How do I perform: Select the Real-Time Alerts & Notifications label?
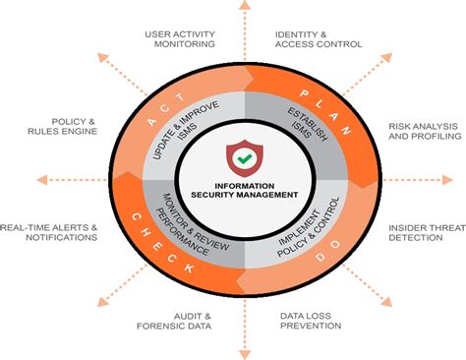click(49, 232)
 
